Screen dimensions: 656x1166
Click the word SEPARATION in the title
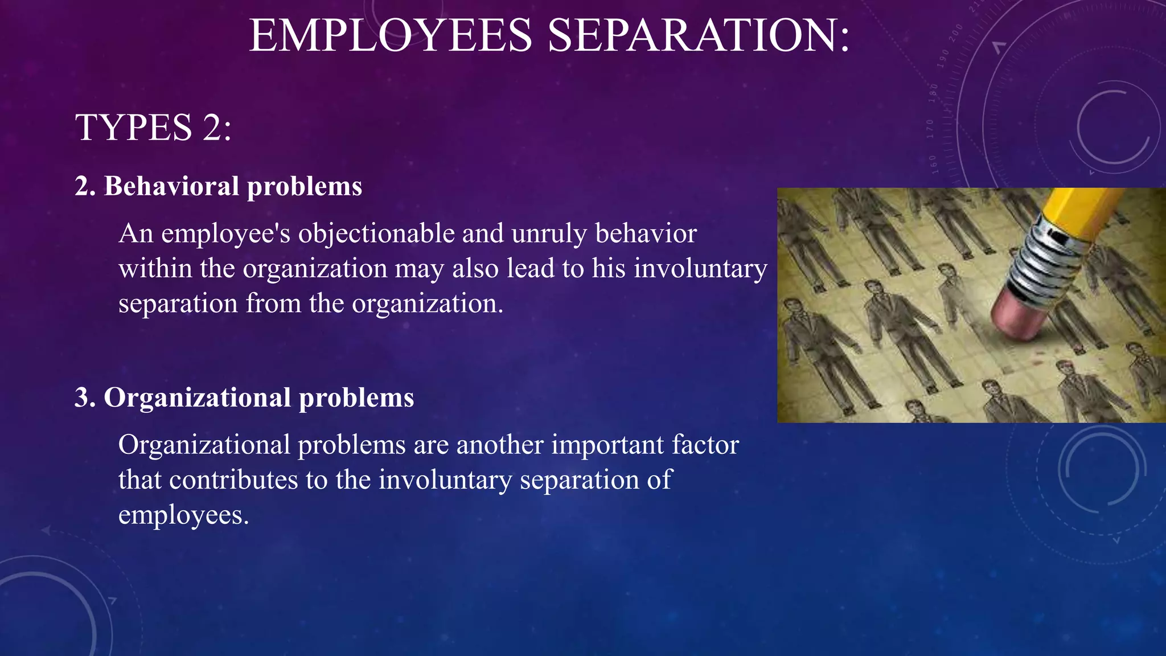click(x=699, y=35)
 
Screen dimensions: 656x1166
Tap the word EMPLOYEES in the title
click(x=391, y=35)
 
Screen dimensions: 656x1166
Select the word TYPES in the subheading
click(x=134, y=127)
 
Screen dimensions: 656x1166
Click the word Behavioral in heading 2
click(x=171, y=186)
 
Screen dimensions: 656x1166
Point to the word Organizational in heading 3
click(x=197, y=397)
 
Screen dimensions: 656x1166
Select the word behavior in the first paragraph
click(x=646, y=233)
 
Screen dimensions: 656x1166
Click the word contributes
click(x=233, y=479)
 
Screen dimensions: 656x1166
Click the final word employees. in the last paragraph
click(x=183, y=515)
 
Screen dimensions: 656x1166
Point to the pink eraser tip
click(x=1019, y=316)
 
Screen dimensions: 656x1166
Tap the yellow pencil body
click(x=1082, y=208)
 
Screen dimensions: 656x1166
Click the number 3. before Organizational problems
click(x=85, y=397)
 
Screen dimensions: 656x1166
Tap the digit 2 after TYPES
click(x=211, y=127)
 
